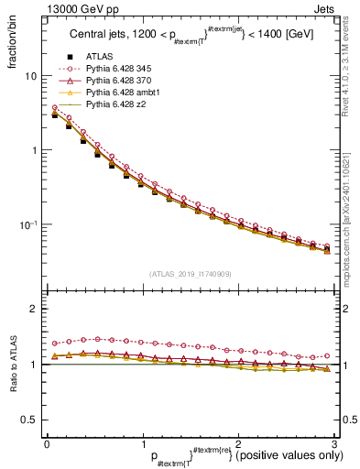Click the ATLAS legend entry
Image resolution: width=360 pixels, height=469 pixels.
(x=102, y=58)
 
